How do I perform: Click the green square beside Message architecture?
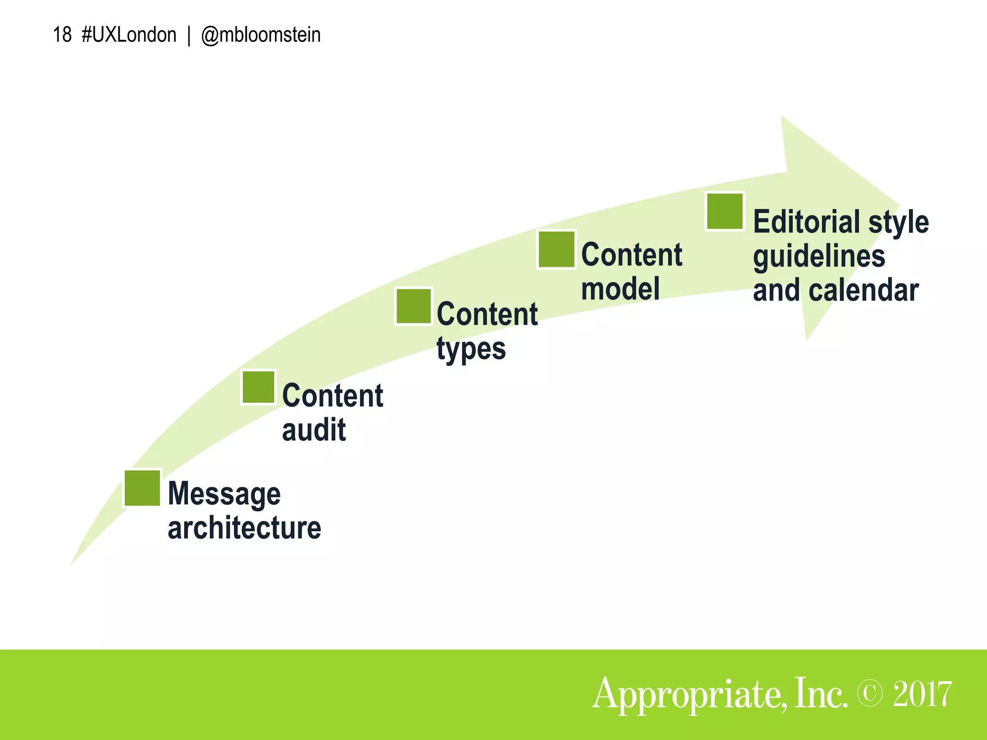(142, 488)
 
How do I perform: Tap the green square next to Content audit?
(259, 387)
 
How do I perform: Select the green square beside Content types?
(413, 306)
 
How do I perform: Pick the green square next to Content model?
(557, 249)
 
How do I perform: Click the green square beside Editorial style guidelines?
(725, 211)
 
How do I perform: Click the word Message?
(224, 494)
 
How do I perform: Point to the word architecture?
(244, 528)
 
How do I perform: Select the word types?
(471, 349)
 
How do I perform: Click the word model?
(620, 289)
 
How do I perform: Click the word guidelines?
(819, 257)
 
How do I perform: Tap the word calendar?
(864, 291)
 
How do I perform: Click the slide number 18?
(62, 35)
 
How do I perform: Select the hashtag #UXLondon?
(129, 35)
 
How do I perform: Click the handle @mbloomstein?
(261, 35)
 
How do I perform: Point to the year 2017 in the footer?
(922, 694)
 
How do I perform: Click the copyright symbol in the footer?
(870, 694)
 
